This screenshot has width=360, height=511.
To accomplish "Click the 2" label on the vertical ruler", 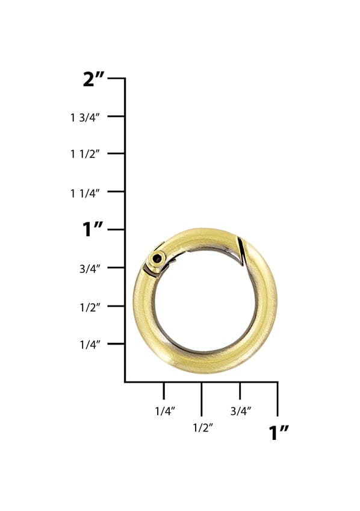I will (95, 79).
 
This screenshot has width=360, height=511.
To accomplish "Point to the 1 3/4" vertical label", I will (88, 117).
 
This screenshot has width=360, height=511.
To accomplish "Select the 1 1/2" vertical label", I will (88, 155).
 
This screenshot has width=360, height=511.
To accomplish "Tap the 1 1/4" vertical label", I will (88, 193).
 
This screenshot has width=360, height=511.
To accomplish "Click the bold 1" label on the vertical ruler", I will (93, 230).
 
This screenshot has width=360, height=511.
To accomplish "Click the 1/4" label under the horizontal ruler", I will (164, 411).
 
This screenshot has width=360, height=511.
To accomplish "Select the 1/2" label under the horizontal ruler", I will (202, 428).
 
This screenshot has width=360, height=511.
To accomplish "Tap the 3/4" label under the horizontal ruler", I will (240, 411).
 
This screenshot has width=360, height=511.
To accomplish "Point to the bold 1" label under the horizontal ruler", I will (279, 432).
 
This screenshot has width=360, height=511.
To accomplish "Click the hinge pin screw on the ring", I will (157, 260).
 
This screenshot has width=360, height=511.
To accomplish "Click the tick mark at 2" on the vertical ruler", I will (117, 78).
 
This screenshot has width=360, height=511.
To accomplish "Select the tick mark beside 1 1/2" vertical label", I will (117, 154).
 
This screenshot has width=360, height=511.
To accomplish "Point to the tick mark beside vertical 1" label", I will (117, 230).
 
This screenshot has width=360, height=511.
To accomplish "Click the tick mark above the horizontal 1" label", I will (278, 398).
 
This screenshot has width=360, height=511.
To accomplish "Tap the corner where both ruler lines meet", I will (125, 381).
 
